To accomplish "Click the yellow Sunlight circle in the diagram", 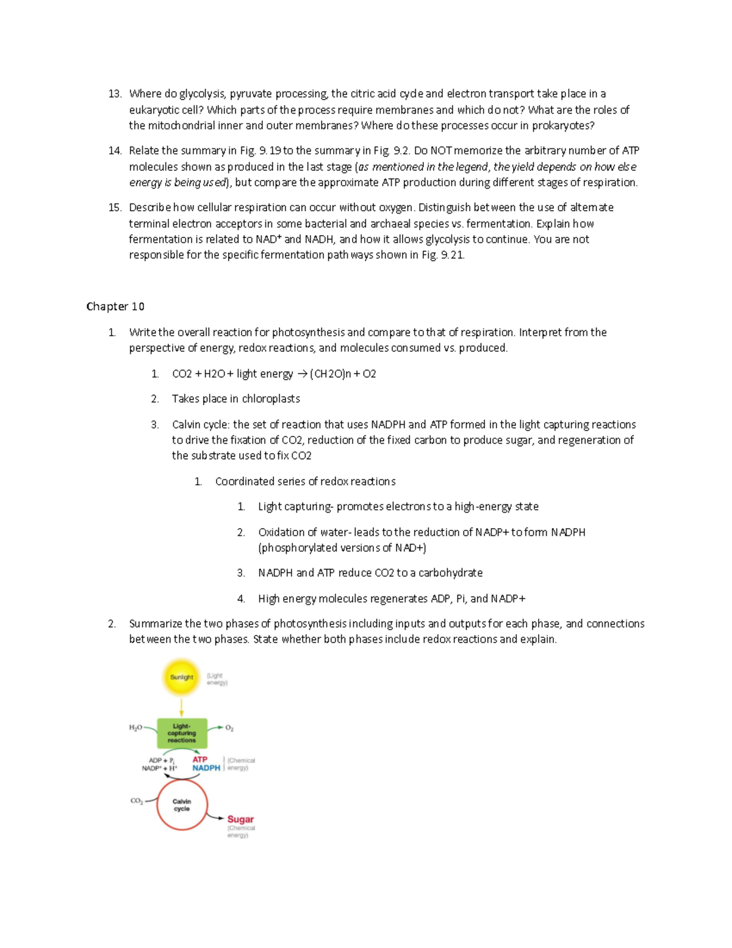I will [x=181, y=677].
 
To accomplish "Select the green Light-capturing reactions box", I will [x=182, y=733].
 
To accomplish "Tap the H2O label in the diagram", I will [x=135, y=728].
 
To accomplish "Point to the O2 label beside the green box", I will [x=229, y=728].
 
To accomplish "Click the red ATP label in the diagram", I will [x=200, y=759].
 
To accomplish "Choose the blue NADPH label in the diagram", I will [x=206, y=768].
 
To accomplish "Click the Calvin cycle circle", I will [x=182, y=805].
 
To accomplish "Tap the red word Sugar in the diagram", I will [x=240, y=819].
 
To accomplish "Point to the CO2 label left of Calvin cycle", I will [x=137, y=801].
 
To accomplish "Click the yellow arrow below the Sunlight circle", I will [x=182, y=707].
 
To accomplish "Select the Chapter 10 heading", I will [x=115, y=306].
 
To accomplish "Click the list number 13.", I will [x=115, y=94].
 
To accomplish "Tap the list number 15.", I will [x=115, y=208].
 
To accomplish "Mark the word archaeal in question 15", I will [x=390, y=223].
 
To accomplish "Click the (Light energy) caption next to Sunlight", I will [x=217, y=679].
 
